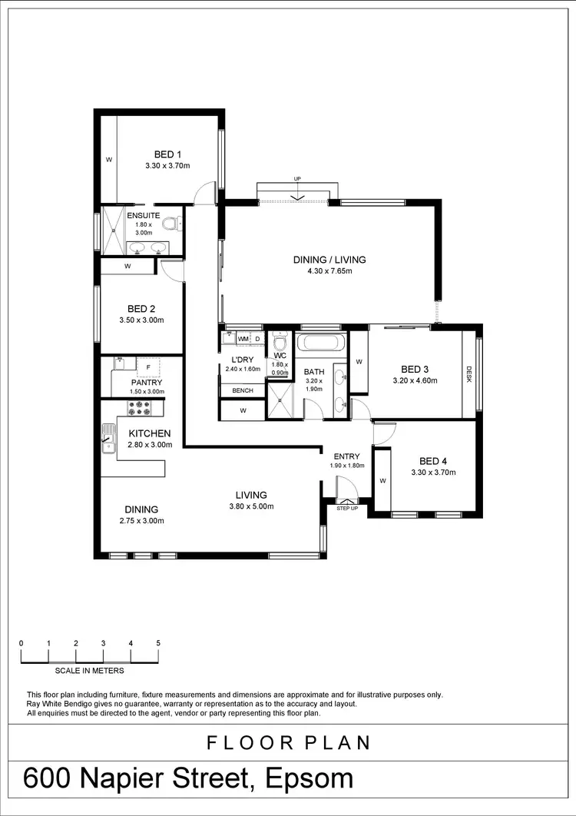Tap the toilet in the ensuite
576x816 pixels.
click(x=177, y=223)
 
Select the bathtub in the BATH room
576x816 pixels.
click(x=321, y=343)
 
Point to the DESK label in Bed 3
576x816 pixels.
click(x=469, y=373)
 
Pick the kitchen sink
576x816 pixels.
click(x=107, y=443)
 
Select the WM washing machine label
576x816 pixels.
click(x=243, y=339)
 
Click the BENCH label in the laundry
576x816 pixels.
click(x=243, y=391)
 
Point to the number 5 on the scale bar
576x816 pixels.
click(x=158, y=643)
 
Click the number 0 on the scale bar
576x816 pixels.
click(x=22, y=643)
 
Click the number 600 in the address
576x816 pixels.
click(x=54, y=778)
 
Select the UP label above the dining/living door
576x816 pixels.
click(x=297, y=179)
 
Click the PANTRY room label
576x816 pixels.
click(x=145, y=382)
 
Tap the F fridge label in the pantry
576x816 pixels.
click(x=148, y=368)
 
